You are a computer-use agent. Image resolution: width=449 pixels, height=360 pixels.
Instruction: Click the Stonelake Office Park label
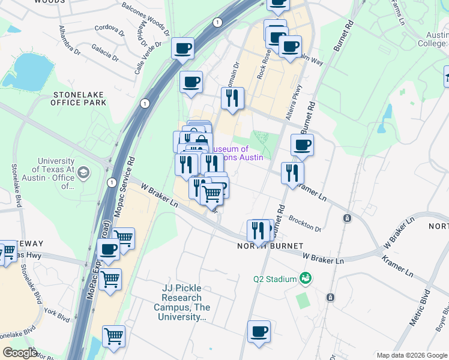tap(80, 98)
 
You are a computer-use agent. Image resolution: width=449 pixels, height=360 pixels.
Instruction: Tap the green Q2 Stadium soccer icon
tap(306, 278)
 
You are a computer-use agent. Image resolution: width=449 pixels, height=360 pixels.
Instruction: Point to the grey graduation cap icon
tap(83, 173)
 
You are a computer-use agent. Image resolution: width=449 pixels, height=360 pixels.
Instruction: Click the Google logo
tap(21, 353)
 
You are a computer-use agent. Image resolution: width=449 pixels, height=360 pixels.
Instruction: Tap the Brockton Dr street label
tap(305, 223)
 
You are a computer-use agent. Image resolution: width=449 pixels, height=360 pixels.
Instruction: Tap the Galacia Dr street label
tap(106, 52)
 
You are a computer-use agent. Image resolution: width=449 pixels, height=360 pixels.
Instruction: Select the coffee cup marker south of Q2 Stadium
tap(259, 331)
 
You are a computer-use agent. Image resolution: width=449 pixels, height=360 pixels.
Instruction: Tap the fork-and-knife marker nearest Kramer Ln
tap(292, 172)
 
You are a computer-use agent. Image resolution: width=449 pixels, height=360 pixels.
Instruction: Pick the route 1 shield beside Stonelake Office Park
tap(144, 104)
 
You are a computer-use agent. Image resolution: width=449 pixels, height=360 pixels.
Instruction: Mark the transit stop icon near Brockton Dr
tap(347, 218)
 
